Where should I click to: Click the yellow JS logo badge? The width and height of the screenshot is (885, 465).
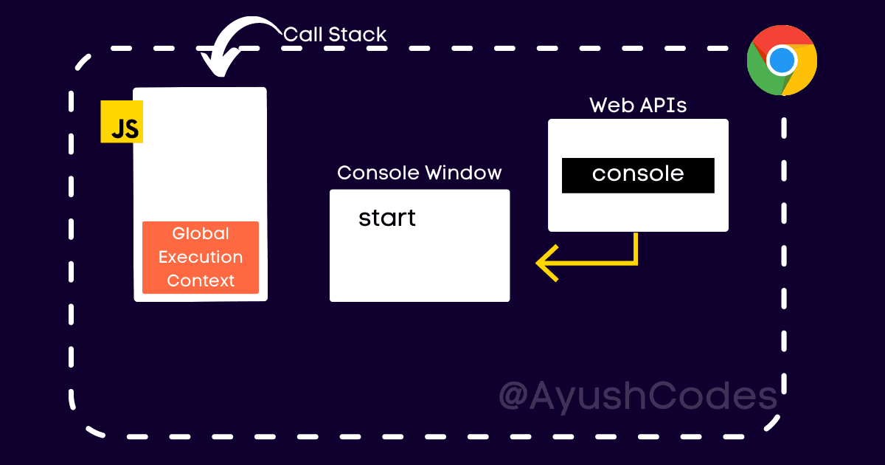pyautogui.click(x=121, y=122)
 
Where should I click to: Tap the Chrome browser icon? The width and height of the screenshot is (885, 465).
pyautogui.click(x=782, y=60)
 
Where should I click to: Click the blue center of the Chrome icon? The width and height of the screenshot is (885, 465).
pyautogui.click(x=782, y=60)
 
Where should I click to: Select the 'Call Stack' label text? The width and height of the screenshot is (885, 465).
pyautogui.click(x=335, y=34)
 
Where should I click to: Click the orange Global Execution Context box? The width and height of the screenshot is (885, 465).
pyautogui.click(x=201, y=258)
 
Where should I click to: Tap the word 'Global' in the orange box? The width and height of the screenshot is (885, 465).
pyautogui.click(x=201, y=234)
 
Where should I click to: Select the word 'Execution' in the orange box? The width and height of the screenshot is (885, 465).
pyautogui.click(x=201, y=258)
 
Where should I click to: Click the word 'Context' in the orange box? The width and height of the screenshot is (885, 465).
pyautogui.click(x=201, y=280)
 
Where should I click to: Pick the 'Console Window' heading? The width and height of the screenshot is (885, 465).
pyautogui.click(x=419, y=173)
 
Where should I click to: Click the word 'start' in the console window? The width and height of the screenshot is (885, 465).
pyautogui.click(x=387, y=218)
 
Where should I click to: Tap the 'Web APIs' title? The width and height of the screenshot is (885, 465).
pyautogui.click(x=638, y=106)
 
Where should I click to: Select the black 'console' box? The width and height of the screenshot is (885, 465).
pyautogui.click(x=638, y=175)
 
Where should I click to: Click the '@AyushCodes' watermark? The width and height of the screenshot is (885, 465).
pyautogui.click(x=638, y=396)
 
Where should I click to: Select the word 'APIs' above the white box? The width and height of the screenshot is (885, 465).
pyautogui.click(x=663, y=106)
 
